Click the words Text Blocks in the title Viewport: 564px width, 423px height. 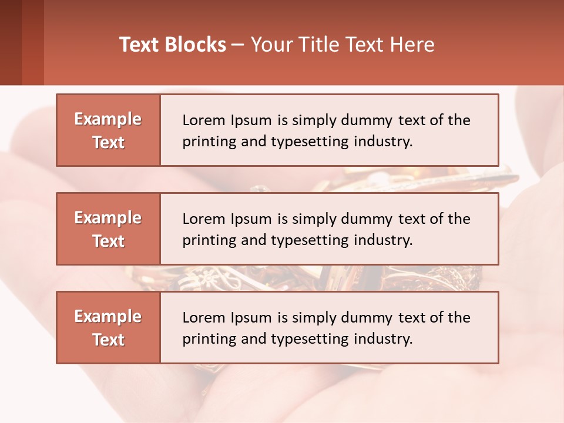[x=173, y=45]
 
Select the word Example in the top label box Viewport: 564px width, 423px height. [x=108, y=119]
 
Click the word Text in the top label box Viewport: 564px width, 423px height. [x=108, y=142]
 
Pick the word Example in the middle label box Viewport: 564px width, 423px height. [x=108, y=218]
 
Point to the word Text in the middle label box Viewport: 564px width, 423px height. [x=108, y=241]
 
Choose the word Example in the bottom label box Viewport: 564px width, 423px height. [x=108, y=317]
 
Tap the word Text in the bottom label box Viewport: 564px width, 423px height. [x=108, y=340]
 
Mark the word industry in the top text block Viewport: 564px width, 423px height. [x=384, y=142]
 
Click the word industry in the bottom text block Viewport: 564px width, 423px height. [x=384, y=339]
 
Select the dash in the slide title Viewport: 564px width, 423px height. [x=238, y=45]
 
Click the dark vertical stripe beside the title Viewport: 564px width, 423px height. [x=33, y=42]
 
